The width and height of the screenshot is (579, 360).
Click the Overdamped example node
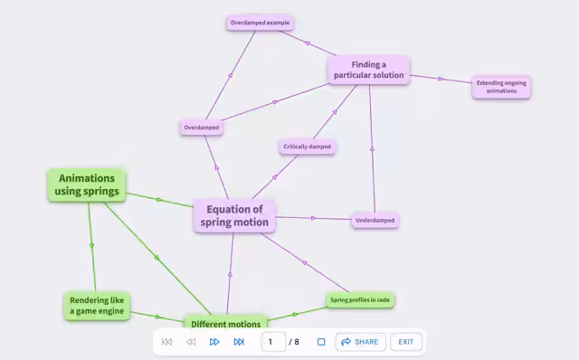[x=260, y=23]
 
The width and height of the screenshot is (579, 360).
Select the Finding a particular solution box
[x=369, y=70]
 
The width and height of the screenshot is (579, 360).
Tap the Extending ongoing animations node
[x=501, y=87]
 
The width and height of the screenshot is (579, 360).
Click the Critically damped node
[x=307, y=147]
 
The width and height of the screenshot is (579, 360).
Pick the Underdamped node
[x=375, y=221]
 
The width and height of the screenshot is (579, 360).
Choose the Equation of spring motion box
[x=234, y=216]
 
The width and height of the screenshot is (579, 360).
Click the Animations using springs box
[x=87, y=185]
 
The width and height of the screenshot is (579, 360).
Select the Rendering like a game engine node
[x=97, y=306]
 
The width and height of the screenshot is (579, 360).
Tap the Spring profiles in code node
[x=360, y=299]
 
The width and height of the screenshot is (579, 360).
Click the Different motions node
[x=225, y=322]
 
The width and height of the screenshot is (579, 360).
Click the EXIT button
[x=406, y=342]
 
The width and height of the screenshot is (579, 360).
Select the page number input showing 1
[x=273, y=342]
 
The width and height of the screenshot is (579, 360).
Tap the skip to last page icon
[x=239, y=342]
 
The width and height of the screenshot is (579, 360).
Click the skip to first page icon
[x=166, y=342]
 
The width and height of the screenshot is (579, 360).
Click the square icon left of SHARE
[x=321, y=342]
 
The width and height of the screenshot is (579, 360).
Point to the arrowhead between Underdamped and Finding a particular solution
[x=372, y=148]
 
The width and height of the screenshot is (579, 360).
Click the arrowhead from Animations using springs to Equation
[x=159, y=200]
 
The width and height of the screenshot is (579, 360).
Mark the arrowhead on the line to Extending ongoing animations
[x=441, y=79]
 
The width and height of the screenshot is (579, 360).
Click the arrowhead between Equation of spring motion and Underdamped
[x=314, y=218]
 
